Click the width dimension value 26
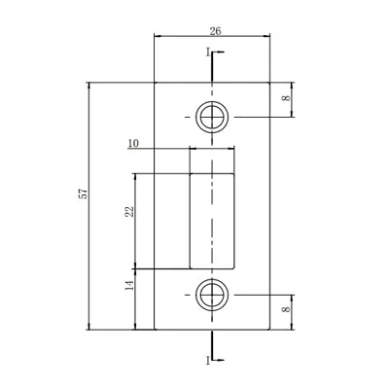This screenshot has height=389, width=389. click(x=214, y=32)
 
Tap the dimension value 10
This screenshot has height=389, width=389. click(x=133, y=143)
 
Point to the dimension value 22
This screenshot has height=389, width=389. click(x=128, y=213)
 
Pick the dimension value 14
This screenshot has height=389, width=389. click(x=128, y=287)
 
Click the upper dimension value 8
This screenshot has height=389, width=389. click(x=286, y=98)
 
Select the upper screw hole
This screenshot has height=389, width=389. click(x=211, y=118)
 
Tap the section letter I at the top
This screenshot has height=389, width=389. click(x=206, y=51)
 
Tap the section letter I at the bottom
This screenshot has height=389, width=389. click(x=206, y=361)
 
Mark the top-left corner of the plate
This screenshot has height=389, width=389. click(x=156, y=84)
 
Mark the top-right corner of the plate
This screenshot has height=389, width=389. click(x=269, y=84)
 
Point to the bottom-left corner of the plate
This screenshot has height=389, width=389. click(x=156, y=330)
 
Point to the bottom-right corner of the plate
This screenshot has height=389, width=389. click(x=269, y=330)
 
